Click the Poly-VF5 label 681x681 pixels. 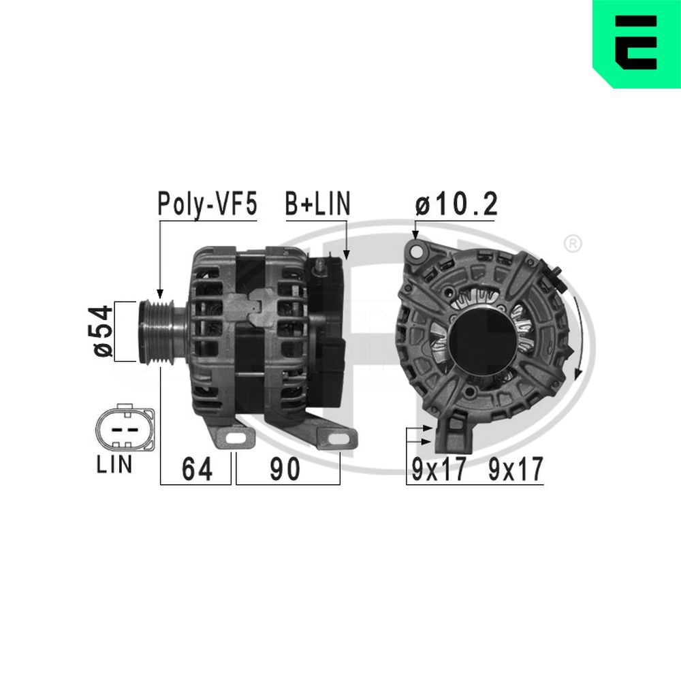coord(207,204)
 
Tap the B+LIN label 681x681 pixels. coord(317,204)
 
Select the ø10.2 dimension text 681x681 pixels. coord(457,204)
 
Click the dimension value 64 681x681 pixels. coord(196,469)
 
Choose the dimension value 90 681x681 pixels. coord(285,469)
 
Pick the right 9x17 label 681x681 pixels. coord(516,469)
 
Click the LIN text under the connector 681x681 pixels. coord(114,464)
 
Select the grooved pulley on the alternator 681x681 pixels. coord(155,330)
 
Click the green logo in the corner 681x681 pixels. coord(636,44)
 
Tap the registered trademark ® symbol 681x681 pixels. coord(573,242)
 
